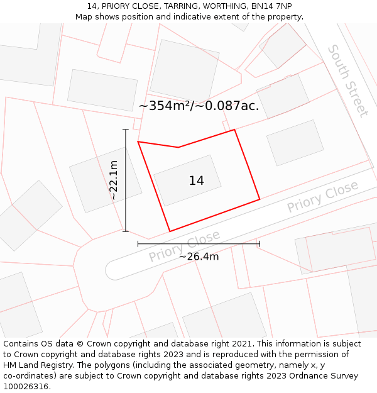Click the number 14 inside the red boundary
click(x=196, y=181)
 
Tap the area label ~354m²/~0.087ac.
click(x=199, y=106)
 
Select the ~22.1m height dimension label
click(x=114, y=180)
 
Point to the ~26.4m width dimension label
click(x=199, y=257)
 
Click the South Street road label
click(x=347, y=80)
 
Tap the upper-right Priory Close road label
click(x=322, y=196)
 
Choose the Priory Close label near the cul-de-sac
click(x=185, y=246)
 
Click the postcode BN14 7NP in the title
click(x=274, y=6)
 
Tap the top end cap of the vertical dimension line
click(x=126, y=130)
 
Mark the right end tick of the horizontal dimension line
click(x=260, y=243)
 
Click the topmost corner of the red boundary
click(x=234, y=130)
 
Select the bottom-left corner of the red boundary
click(x=170, y=231)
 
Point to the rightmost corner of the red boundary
click(x=260, y=200)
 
